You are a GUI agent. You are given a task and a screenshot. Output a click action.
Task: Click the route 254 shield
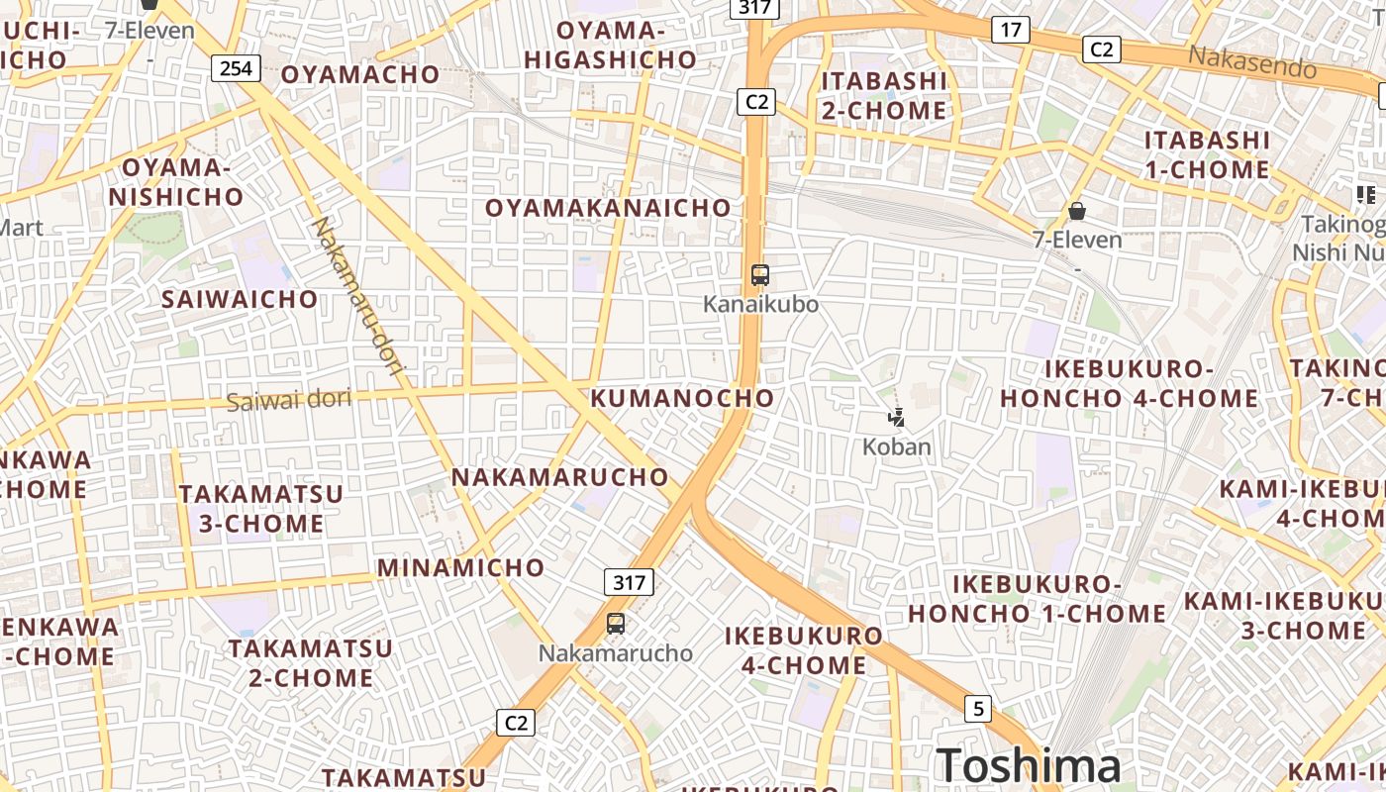(236, 68)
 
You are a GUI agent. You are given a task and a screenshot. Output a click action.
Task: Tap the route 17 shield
(1009, 30)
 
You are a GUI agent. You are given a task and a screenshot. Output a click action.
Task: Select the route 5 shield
(978, 709)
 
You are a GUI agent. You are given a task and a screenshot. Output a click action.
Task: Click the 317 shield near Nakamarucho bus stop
(629, 582)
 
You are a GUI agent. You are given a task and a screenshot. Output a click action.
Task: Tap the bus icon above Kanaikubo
(760, 275)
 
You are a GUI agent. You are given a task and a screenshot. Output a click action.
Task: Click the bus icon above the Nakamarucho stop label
(616, 624)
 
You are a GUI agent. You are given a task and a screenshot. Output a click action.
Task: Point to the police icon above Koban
(897, 418)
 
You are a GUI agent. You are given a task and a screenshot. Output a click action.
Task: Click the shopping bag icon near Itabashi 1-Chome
(1077, 211)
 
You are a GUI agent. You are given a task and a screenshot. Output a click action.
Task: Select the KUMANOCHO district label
(682, 398)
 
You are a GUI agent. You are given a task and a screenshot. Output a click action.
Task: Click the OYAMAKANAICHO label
(608, 208)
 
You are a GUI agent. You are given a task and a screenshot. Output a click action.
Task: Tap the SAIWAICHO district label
(240, 299)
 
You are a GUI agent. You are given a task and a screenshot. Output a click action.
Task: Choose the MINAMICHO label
(460, 567)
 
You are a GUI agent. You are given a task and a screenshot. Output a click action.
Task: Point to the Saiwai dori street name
(289, 400)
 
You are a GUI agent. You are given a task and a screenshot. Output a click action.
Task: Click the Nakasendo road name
(1252, 61)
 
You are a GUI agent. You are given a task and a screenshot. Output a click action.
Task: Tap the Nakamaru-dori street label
(358, 297)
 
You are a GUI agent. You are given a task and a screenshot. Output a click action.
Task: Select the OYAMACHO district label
(360, 74)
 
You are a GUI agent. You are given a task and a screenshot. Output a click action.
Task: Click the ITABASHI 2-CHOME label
(884, 95)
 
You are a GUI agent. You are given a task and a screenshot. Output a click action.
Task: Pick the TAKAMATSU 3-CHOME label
(261, 509)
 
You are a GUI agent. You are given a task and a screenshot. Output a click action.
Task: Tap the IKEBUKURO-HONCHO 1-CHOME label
(1037, 599)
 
